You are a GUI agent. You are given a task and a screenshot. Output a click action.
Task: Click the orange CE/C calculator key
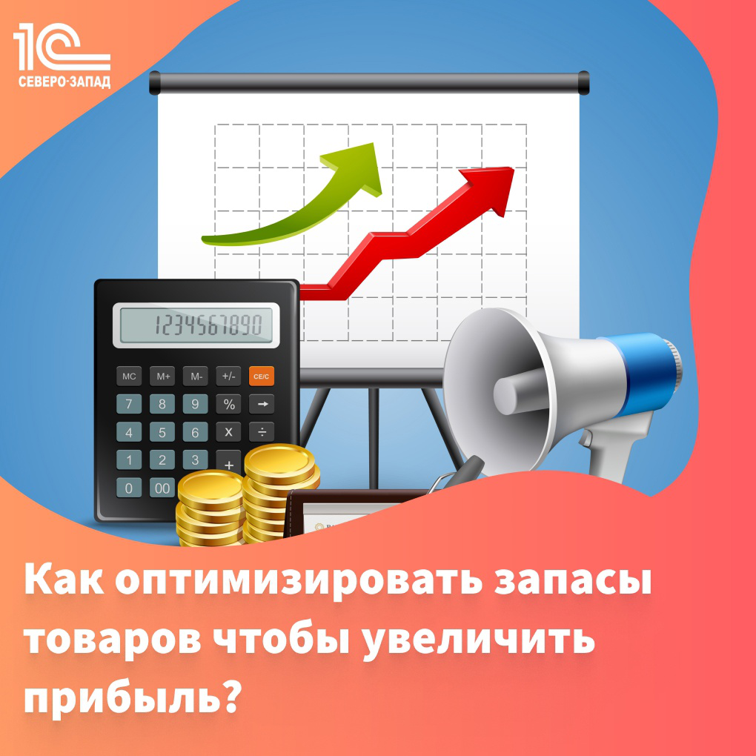coord(262,376)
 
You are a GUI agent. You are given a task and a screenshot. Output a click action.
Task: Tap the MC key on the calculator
coord(129,376)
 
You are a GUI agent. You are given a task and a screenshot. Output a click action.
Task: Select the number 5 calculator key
coord(162,432)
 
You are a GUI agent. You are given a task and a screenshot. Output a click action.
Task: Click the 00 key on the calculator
coord(162,488)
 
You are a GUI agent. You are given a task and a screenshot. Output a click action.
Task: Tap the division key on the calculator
coord(262,432)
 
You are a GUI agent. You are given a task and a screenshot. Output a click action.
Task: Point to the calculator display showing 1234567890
coord(196,325)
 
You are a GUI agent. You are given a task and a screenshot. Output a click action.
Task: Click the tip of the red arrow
coord(514,168)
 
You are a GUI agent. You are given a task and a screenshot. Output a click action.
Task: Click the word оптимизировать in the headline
coord(299,582)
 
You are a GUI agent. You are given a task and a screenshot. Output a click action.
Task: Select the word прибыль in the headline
coord(123,697)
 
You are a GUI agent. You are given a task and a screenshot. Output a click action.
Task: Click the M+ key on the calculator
coord(162,376)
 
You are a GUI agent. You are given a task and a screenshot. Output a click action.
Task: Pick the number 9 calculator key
coord(195,404)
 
